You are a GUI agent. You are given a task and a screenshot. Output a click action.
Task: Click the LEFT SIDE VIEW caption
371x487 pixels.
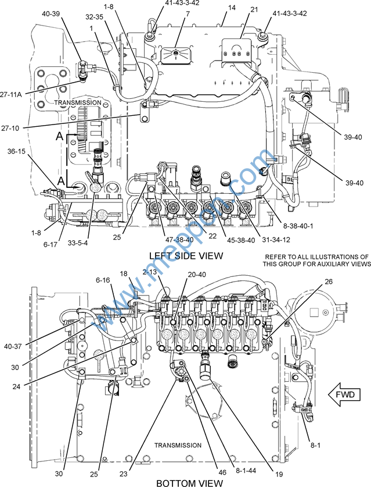coord(186,255)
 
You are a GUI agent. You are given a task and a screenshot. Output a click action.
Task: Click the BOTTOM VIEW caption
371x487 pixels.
coord(189,483)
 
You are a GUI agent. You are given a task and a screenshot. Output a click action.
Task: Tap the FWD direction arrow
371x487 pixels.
coord(345,394)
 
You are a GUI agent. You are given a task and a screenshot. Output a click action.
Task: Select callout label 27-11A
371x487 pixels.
coord(11,95)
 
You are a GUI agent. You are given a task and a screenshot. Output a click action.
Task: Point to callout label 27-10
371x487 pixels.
coord(10,128)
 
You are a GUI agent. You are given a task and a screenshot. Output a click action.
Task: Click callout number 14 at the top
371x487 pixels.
coord(232,8)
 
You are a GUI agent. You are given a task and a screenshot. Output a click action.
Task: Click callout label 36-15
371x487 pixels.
coord(16,151)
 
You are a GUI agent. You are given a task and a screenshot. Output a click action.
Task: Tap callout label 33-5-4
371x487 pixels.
coord(78,243)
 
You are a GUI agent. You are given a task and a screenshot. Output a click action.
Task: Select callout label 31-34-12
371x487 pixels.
coord(276,240)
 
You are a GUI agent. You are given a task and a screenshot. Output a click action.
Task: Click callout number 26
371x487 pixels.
coord(329,282)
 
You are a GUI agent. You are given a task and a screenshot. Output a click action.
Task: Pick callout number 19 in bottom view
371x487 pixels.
coord(279,474)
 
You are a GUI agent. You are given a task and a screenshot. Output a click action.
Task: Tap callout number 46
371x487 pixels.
coord(222,472)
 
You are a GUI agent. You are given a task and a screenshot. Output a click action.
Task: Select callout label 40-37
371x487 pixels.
coord(13,346)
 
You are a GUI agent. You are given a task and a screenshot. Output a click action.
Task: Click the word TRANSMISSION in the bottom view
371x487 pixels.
coord(178,445)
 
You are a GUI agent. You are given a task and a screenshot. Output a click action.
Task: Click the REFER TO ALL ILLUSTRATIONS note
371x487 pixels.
coord(317,260)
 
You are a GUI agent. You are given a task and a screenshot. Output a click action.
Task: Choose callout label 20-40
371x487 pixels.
coord(197,275)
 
